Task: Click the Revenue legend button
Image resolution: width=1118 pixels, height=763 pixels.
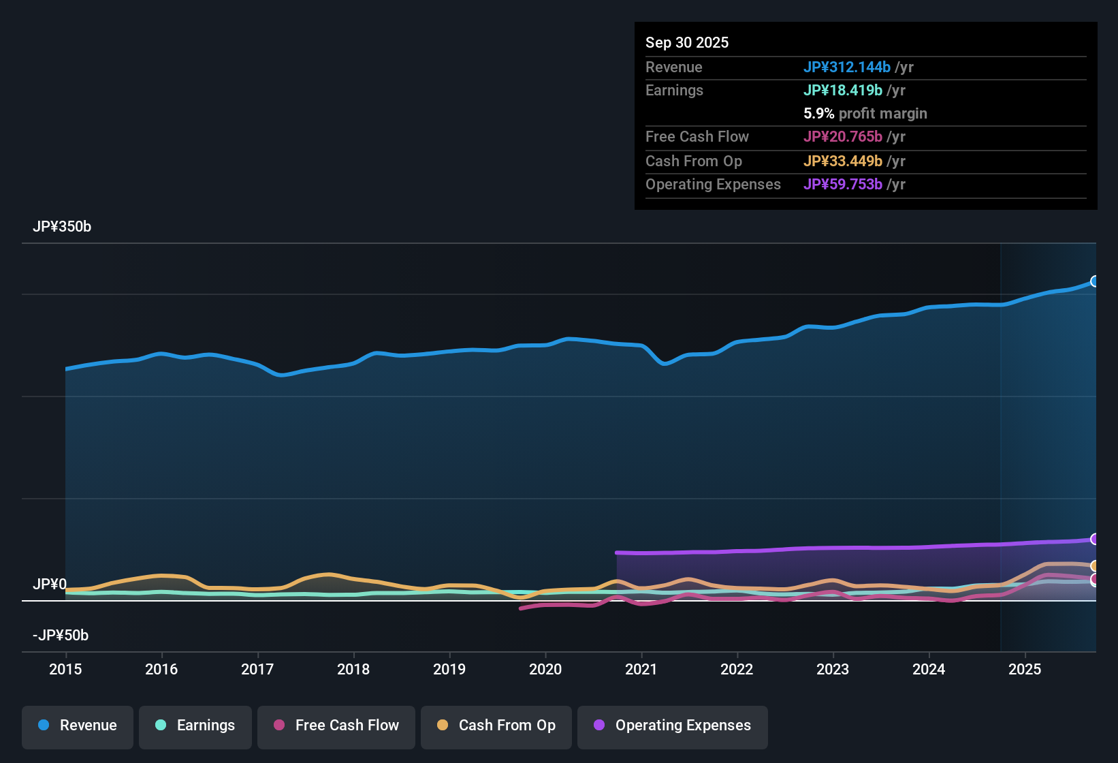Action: coord(78,726)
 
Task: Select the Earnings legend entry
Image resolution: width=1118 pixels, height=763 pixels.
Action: coord(195,726)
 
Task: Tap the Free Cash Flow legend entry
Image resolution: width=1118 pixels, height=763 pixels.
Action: coord(336,726)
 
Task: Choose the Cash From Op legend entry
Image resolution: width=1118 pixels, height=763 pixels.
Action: coord(496,726)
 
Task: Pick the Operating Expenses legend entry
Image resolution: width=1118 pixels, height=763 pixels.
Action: coord(673,726)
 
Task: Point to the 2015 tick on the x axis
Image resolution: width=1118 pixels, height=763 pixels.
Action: coord(65,669)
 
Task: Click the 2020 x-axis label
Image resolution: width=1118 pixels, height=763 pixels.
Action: coord(545,669)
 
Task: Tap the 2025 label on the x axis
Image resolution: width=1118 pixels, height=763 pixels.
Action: coord(1025,669)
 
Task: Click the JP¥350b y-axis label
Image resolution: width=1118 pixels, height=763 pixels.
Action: coord(62,227)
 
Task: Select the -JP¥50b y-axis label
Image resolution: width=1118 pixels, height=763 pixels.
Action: coord(61,636)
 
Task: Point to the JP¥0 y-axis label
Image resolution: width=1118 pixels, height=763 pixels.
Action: coord(50,585)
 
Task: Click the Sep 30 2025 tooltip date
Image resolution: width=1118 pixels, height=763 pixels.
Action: coord(687,42)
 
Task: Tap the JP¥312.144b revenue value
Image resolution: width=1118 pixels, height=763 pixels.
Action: coord(847,67)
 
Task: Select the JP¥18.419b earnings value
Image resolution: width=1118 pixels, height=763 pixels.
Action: coord(843,90)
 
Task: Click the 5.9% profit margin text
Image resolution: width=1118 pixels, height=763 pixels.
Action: coord(865,113)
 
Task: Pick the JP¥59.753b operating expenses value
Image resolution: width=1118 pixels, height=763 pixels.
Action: coord(843,184)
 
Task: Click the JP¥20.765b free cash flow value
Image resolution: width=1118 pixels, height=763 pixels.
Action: coord(843,136)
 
